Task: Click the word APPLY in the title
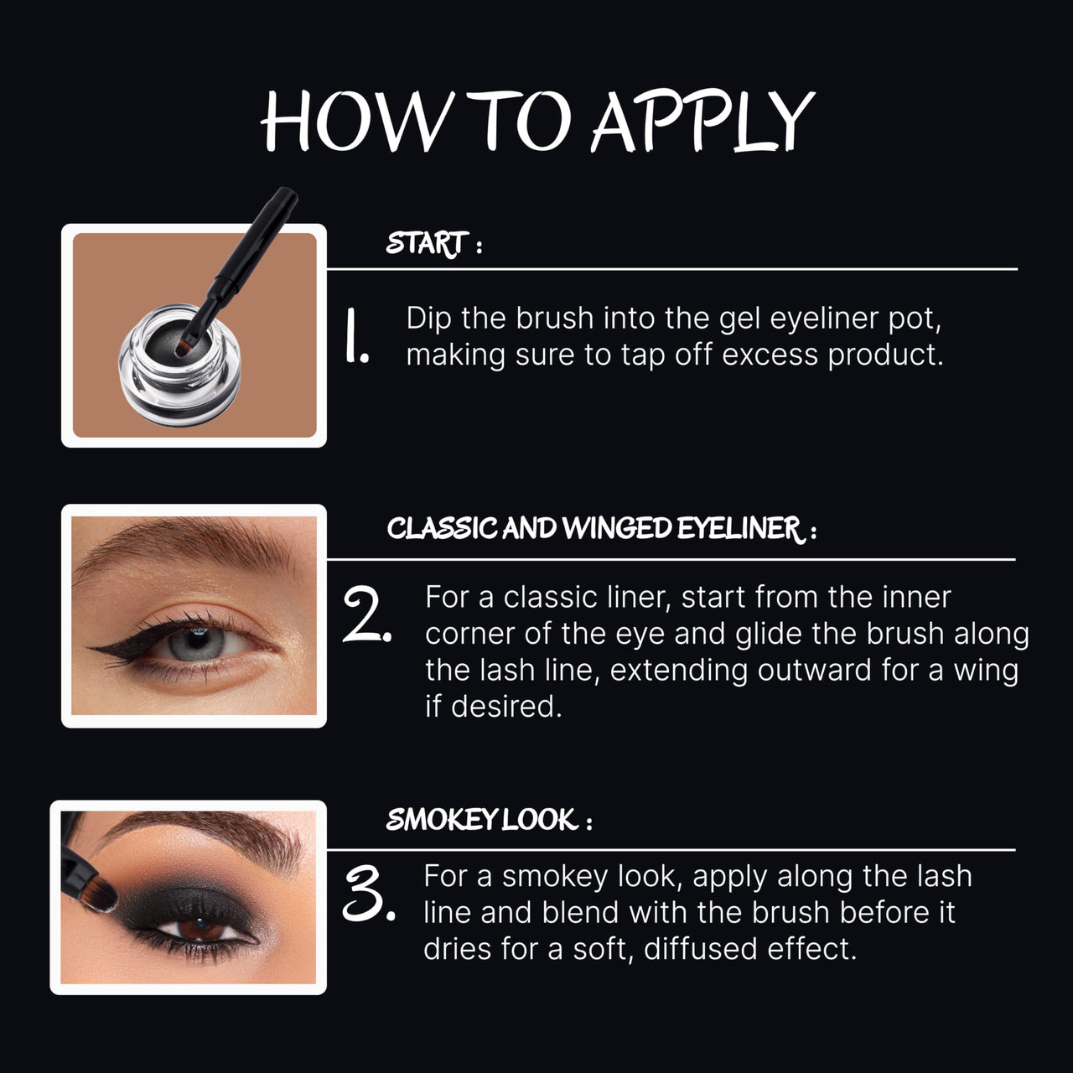pos(702,121)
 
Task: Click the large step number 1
pos(355,336)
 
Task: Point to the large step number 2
pos(367,614)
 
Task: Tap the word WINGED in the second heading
pos(617,528)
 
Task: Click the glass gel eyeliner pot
pos(179,365)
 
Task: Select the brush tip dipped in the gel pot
pos(184,350)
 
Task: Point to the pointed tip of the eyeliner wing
pos(89,648)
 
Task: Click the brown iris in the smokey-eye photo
pos(201,928)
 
